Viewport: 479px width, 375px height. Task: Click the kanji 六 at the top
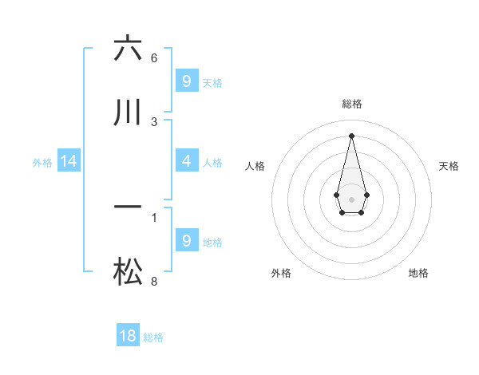(x=128, y=49)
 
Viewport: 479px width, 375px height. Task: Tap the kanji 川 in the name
(x=128, y=113)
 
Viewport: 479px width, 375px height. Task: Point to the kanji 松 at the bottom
(x=128, y=273)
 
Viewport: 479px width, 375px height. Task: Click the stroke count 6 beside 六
(x=154, y=58)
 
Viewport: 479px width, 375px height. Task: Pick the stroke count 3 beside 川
(x=154, y=122)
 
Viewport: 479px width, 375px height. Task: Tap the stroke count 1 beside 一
(x=154, y=216)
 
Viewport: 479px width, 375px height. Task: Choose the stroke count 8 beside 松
(x=154, y=281)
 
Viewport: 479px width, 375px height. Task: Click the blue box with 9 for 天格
(x=186, y=81)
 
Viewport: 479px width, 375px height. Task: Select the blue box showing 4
(x=186, y=161)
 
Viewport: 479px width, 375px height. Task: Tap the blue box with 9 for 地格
(x=186, y=241)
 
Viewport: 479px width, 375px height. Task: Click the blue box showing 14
(x=69, y=161)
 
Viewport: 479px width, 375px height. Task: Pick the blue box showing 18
(x=128, y=336)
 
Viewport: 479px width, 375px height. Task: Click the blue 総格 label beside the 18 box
(x=153, y=337)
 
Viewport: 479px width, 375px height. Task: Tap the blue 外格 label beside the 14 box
(x=42, y=162)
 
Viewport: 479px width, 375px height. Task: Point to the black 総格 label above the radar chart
(x=351, y=104)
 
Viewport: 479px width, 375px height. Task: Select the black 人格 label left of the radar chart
(x=255, y=166)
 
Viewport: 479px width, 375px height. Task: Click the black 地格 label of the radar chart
(x=418, y=273)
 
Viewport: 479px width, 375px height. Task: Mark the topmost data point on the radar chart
(x=351, y=135)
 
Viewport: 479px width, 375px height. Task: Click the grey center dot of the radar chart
(x=351, y=198)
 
